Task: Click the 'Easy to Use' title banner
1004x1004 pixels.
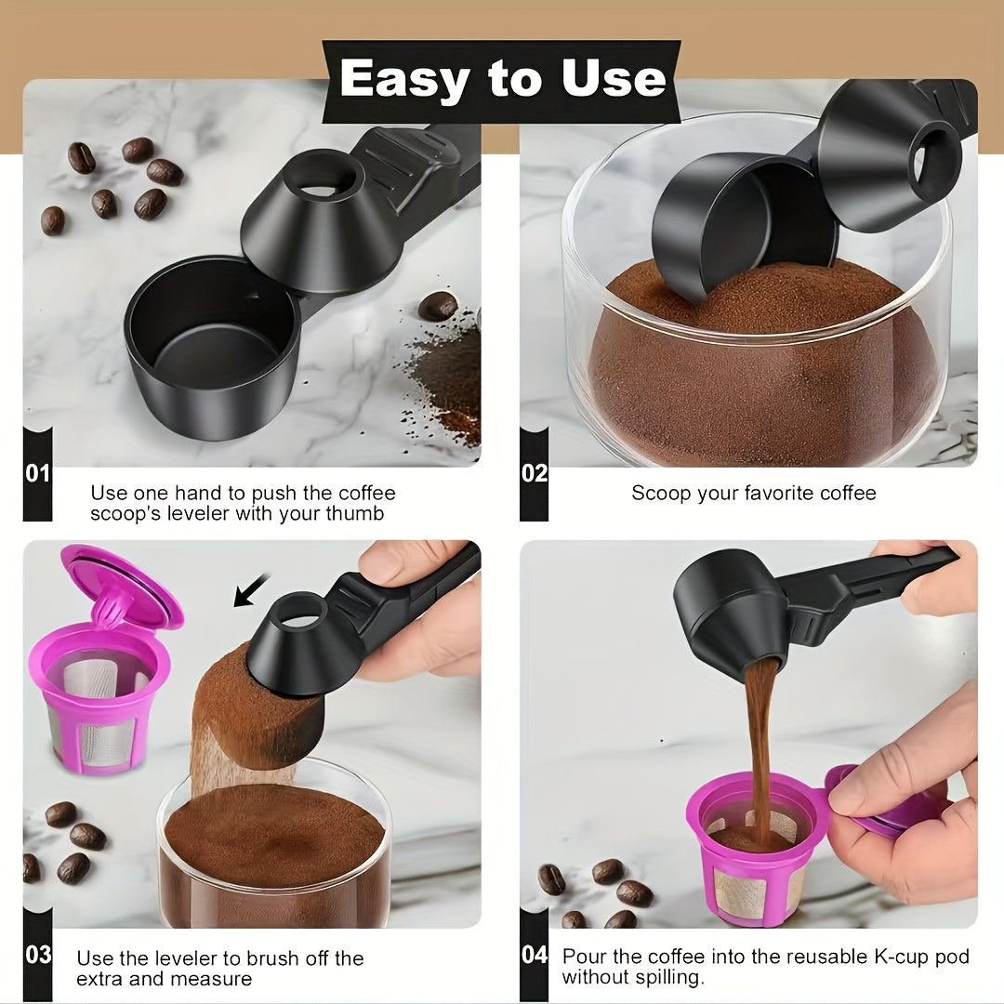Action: (502, 80)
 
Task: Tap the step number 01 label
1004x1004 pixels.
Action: (37, 473)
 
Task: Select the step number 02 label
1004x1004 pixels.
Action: (534, 473)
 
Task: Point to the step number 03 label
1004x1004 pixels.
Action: (37, 954)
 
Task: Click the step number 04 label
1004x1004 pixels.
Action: (534, 954)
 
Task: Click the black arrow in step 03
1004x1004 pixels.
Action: (250, 590)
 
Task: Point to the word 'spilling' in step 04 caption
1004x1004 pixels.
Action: (666, 977)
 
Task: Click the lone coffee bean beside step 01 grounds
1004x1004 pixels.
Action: (437, 306)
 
